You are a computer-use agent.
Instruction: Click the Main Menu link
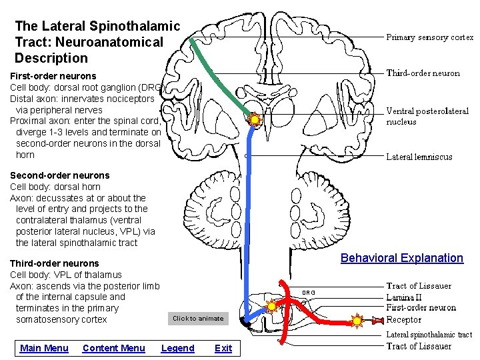click(44, 348)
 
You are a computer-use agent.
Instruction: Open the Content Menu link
click(113, 348)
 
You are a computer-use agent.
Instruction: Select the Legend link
click(177, 348)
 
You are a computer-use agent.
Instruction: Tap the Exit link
click(223, 348)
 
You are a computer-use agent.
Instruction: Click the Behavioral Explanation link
click(401, 258)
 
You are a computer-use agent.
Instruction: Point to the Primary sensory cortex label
click(430, 37)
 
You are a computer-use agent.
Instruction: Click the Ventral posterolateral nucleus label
click(427, 117)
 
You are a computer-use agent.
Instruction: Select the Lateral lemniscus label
click(419, 157)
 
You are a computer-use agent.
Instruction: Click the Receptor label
click(404, 319)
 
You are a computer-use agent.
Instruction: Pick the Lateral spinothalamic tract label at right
click(429, 335)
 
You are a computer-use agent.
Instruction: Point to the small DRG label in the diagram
click(308, 293)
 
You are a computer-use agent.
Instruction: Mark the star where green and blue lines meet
click(254, 120)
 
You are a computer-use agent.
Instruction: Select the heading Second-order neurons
click(59, 175)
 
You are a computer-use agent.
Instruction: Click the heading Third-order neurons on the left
click(54, 263)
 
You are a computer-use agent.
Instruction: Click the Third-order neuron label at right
click(423, 73)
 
